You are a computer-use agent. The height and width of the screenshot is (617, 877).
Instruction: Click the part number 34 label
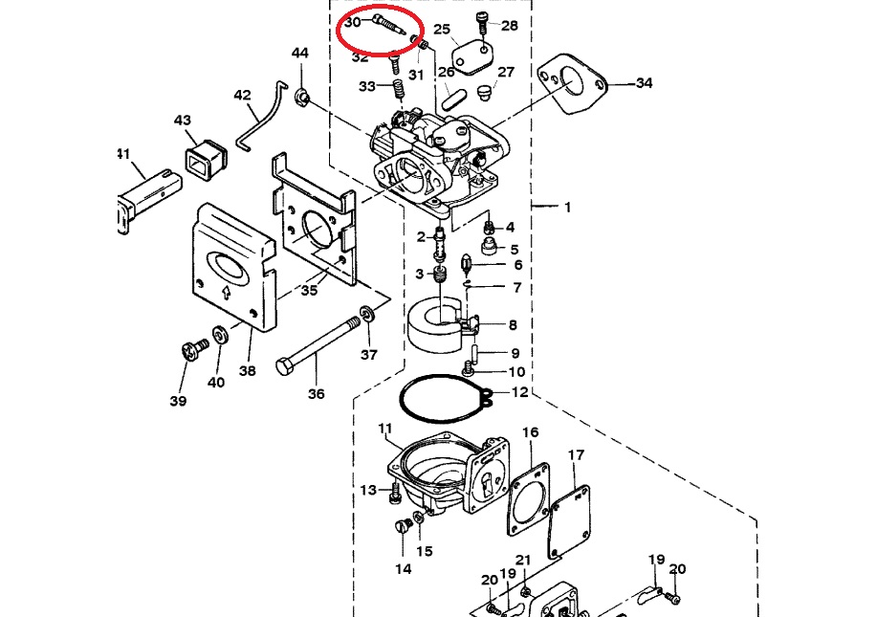pyautogui.click(x=644, y=83)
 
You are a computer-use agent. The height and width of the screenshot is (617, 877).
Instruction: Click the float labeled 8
pyautogui.click(x=435, y=326)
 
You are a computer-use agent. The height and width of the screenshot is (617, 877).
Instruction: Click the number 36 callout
pyautogui.click(x=316, y=393)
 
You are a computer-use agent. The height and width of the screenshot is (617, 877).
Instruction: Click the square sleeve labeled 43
pyautogui.click(x=204, y=157)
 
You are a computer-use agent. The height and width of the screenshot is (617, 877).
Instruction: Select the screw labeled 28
pyautogui.click(x=482, y=24)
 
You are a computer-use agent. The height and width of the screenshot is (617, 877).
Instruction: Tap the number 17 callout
pyautogui.click(x=576, y=454)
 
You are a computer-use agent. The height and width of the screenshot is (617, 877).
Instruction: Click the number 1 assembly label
pyautogui.click(x=566, y=207)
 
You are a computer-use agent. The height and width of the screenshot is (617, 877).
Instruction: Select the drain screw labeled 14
pyautogui.click(x=402, y=526)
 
